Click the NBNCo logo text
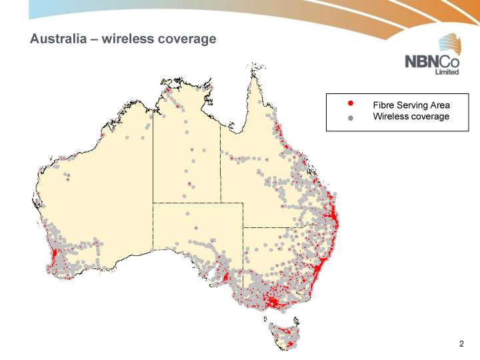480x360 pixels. tap(432, 62)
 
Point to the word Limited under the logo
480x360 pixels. tap(446, 73)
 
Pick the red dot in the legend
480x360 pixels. tap(351, 104)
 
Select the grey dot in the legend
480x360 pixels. tap(351, 118)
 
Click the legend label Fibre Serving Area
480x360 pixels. tap(411, 105)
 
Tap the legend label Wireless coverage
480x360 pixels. tap(411, 117)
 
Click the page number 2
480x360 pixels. tap(461, 344)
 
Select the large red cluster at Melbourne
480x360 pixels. tap(272, 304)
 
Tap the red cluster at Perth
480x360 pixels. tap(54, 255)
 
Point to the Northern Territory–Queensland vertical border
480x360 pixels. tap(220, 167)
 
